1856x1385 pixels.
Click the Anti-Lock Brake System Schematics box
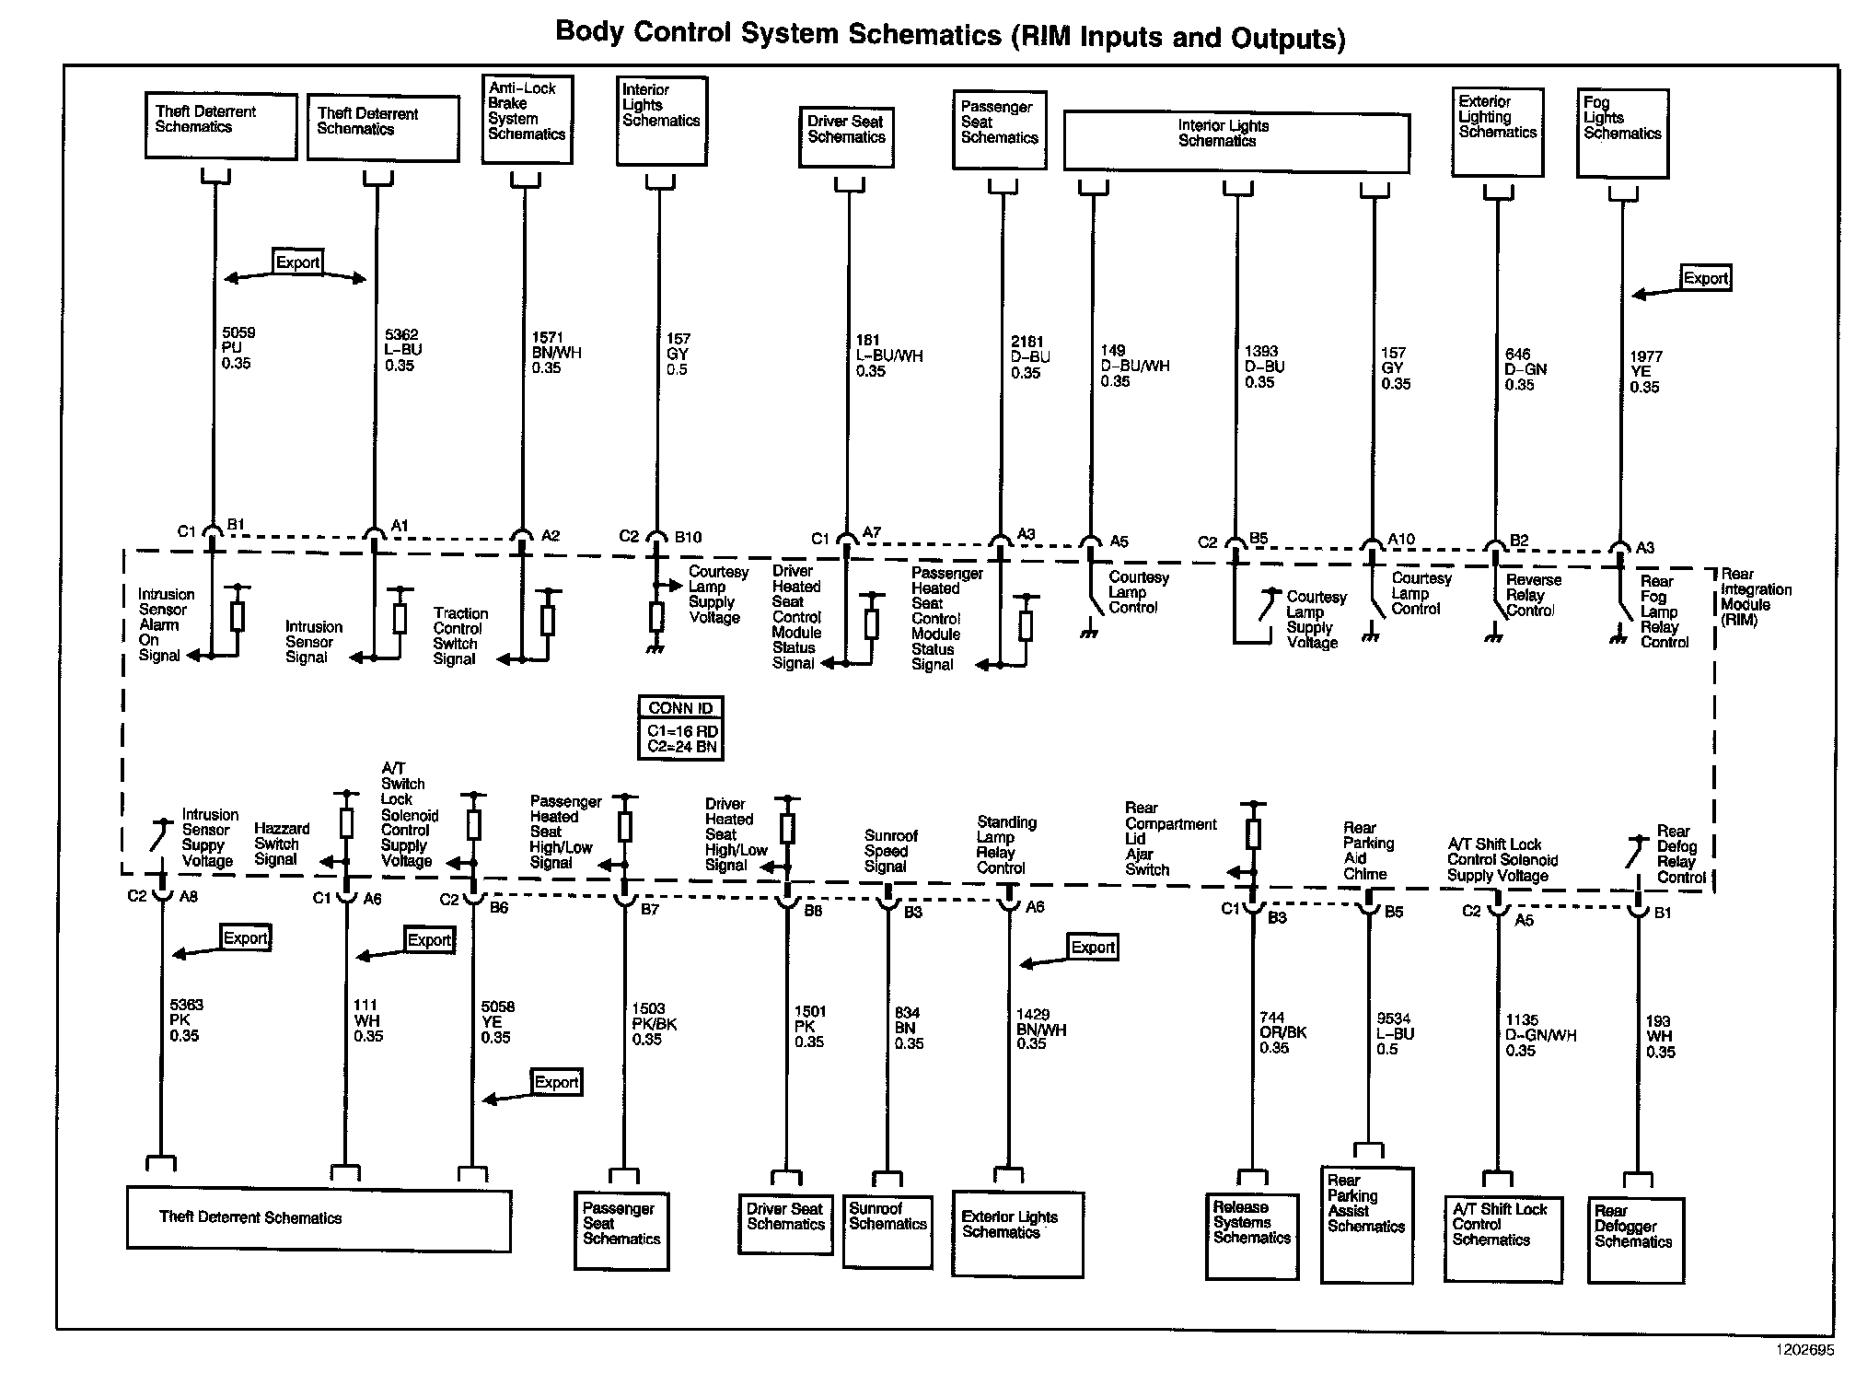coord(527,120)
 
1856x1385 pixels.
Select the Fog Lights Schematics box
coord(1622,133)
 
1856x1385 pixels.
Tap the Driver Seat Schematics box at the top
coord(845,137)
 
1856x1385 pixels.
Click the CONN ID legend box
coord(680,727)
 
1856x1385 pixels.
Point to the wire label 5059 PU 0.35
coord(238,348)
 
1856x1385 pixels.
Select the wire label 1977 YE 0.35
coord(1644,372)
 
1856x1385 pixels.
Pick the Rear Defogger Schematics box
coord(1635,1240)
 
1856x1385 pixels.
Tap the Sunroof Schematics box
coord(887,1230)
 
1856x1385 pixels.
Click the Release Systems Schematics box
coord(1251,1236)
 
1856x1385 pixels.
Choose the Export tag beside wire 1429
coord(1093,948)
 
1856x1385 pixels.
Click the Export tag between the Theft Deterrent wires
coord(297,262)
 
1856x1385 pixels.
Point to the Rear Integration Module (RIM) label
coord(1755,597)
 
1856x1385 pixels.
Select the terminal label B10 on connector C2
coord(688,538)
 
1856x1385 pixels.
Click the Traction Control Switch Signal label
coord(460,636)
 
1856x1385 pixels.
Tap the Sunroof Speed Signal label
coord(890,851)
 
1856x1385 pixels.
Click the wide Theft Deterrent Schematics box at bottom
coord(318,1219)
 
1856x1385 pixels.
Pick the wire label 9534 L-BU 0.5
coord(1394,1033)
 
